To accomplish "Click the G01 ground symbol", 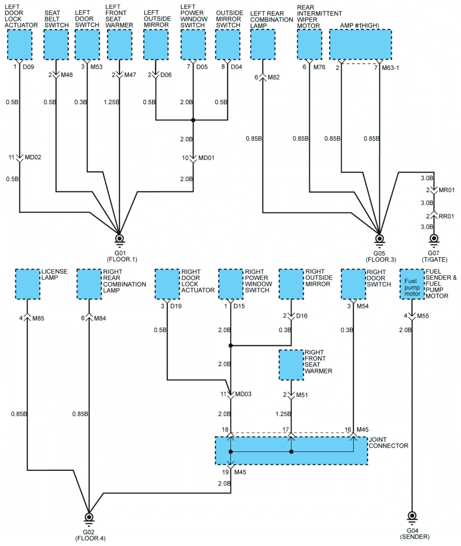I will (119, 238).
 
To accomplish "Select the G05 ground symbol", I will (379, 238).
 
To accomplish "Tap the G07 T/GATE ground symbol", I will (434, 238).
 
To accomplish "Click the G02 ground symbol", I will (89, 517).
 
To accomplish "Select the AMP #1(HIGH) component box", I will (360, 44).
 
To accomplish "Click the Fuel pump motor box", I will (412, 285).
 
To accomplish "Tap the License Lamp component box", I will (28, 284).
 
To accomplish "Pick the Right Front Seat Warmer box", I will (291, 365).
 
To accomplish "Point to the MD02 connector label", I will (33, 158).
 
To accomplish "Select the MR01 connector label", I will (446, 190).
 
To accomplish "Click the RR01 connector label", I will (446, 216).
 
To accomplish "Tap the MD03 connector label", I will (242, 394).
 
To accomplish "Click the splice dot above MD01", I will (193, 120).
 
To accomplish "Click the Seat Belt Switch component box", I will (56, 44).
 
